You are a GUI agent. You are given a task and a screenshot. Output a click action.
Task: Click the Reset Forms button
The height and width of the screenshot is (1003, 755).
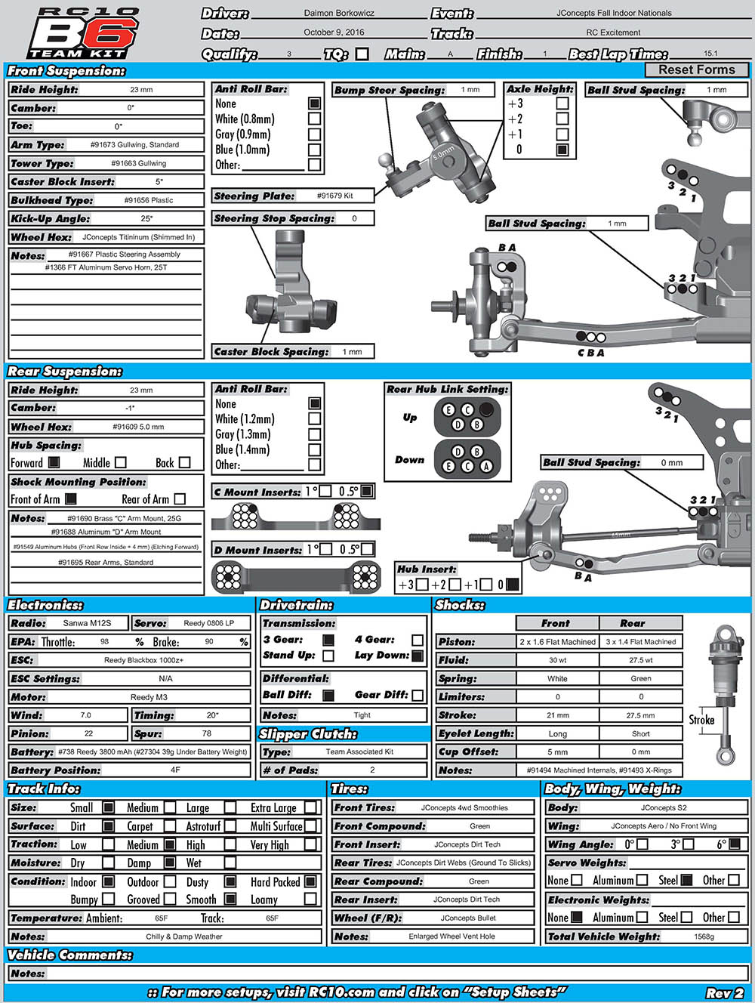click(x=696, y=69)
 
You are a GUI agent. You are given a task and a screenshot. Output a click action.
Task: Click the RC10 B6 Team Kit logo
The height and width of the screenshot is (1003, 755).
click(x=83, y=33)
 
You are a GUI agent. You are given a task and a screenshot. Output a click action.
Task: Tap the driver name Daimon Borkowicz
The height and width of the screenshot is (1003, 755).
click(x=339, y=13)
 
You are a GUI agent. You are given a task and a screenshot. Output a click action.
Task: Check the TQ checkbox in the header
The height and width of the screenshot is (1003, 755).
click(x=362, y=54)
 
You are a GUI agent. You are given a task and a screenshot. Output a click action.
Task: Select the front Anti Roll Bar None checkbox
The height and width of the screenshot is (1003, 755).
click(x=314, y=103)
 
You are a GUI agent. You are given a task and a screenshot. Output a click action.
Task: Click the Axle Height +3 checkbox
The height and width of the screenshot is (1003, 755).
click(x=562, y=103)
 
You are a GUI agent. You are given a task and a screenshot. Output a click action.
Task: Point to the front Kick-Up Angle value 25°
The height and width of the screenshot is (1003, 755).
click(x=146, y=219)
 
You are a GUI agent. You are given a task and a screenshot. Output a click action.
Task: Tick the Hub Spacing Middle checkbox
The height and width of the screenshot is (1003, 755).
click(x=121, y=462)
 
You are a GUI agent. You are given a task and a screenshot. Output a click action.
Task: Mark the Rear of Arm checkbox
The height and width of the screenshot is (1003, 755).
click(x=180, y=498)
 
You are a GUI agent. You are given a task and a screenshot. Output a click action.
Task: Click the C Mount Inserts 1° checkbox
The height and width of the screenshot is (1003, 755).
click(x=325, y=491)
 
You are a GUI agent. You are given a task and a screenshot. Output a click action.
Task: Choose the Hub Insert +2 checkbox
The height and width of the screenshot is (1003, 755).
click(x=455, y=584)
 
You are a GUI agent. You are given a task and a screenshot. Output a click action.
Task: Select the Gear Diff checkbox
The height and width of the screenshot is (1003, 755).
click(x=418, y=695)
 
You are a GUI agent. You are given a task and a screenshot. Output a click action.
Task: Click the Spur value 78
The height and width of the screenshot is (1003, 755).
click(x=206, y=733)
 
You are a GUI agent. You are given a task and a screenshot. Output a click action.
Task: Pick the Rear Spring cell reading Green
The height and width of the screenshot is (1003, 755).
click(x=640, y=678)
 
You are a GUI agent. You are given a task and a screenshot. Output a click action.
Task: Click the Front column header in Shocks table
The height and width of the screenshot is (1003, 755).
click(x=556, y=623)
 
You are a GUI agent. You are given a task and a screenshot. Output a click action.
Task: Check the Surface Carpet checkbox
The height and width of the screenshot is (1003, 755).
click(x=170, y=826)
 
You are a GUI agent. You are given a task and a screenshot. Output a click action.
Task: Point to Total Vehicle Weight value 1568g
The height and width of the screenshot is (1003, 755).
click(x=704, y=937)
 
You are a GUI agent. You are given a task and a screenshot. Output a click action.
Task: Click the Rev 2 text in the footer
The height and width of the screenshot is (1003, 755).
click(x=725, y=993)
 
